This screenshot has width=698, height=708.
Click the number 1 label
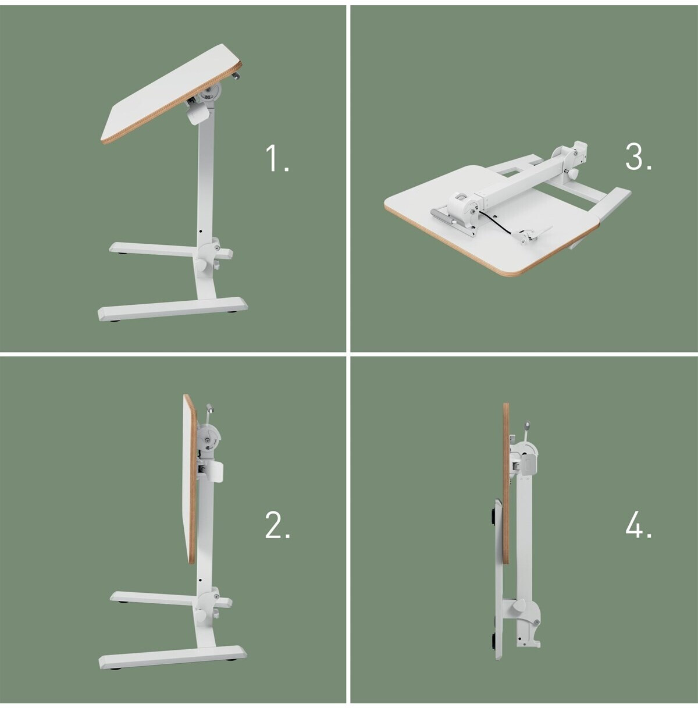277,158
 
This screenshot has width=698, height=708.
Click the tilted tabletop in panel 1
171,94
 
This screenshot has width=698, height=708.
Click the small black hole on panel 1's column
201,232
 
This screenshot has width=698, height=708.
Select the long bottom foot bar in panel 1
173,308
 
